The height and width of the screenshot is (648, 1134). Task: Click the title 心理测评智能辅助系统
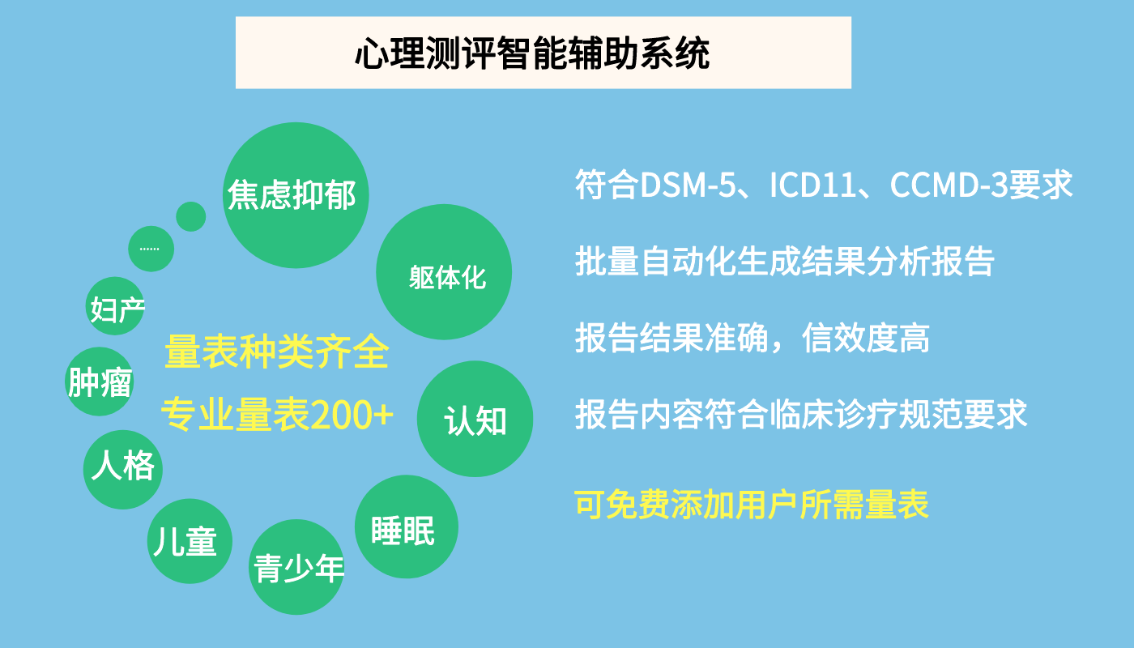[532, 53]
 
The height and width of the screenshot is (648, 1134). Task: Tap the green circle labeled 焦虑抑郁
[296, 195]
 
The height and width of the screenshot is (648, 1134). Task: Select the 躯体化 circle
[444, 272]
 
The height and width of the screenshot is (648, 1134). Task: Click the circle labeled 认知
[475, 419]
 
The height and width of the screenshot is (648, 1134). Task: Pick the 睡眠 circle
[407, 526]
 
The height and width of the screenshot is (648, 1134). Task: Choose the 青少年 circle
[296, 567]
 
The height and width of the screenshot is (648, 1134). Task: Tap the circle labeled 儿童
[190, 541]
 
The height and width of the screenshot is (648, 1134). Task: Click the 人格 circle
[123, 469]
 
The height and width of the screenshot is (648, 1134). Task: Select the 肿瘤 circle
[100, 382]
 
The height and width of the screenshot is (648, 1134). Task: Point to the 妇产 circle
[115, 306]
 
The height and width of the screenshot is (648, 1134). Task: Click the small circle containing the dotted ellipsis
[151, 249]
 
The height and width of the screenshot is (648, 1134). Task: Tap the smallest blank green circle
[191, 217]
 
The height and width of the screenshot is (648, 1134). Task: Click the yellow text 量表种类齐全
[277, 352]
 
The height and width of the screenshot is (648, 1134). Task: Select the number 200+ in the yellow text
[352, 415]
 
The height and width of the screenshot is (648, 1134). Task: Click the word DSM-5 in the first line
[688, 185]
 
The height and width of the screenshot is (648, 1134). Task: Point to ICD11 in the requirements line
[812, 185]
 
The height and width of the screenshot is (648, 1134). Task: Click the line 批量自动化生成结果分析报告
[785, 261]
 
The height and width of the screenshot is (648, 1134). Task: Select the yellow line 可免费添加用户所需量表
[752, 504]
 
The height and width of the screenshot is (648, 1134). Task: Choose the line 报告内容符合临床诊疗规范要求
[801, 415]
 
